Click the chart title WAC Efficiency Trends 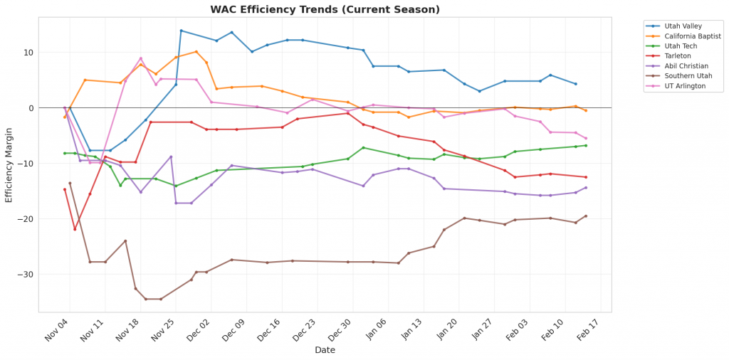pos(325,10)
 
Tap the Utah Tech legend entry pos(681,46)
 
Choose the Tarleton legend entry pos(678,55)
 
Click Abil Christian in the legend pos(685,65)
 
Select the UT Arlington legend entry pos(683,85)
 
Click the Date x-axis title pos(325,350)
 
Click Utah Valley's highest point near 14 pos(181,31)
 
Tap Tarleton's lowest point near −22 pos(75,229)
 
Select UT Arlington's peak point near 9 pos(141,58)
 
